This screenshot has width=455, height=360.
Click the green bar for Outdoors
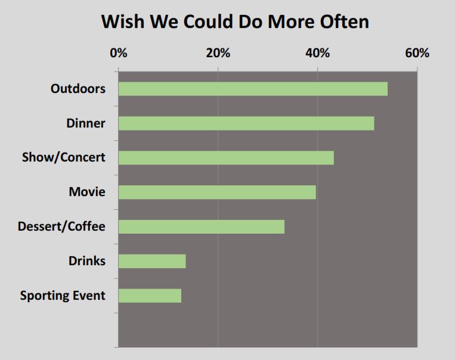click(x=253, y=89)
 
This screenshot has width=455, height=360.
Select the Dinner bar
click(x=246, y=123)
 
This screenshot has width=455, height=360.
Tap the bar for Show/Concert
click(x=226, y=158)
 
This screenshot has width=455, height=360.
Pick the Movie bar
click(x=217, y=192)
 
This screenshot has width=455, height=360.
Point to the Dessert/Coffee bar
click(x=202, y=226)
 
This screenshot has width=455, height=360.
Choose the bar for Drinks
click(x=152, y=261)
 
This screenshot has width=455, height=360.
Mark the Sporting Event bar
click(x=150, y=296)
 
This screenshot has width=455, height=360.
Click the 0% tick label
click(x=119, y=53)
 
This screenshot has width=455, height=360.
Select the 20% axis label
click(x=218, y=53)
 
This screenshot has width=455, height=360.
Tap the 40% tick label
click(x=318, y=53)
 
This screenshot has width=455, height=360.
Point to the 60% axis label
click(x=417, y=53)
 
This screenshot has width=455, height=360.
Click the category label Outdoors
click(x=78, y=89)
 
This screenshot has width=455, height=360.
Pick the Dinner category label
click(x=86, y=123)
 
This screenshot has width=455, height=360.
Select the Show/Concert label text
click(x=63, y=158)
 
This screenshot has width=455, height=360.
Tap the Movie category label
click(x=87, y=192)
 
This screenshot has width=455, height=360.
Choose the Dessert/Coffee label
click(x=61, y=226)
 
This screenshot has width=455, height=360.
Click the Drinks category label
click(x=87, y=261)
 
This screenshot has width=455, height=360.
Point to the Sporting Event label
click(x=63, y=296)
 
